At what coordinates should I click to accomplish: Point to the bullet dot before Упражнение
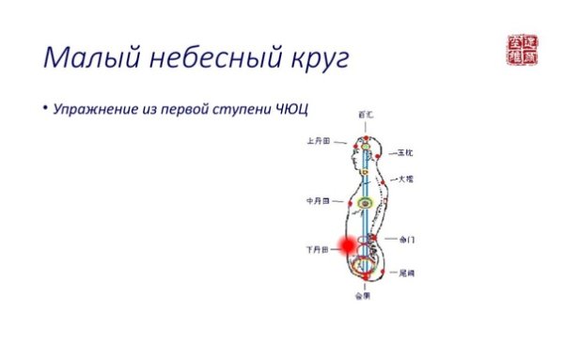tap(43, 110)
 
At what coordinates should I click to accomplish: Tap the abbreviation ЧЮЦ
tap(294, 111)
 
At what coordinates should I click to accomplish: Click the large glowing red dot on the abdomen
tap(347, 245)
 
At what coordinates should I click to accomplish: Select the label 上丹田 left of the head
tap(318, 142)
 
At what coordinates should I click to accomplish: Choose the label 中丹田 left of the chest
tap(318, 201)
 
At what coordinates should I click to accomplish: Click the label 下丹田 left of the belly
tap(317, 251)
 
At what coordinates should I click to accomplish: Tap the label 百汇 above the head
tap(365, 114)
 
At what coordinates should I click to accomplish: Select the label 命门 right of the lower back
tap(406, 240)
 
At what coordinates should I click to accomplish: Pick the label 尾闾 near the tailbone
tap(406, 273)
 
